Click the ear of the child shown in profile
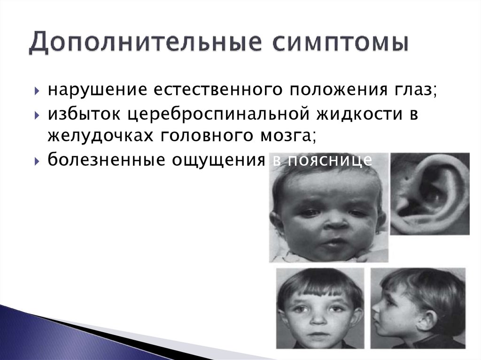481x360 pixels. pyautogui.click(x=428, y=319)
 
